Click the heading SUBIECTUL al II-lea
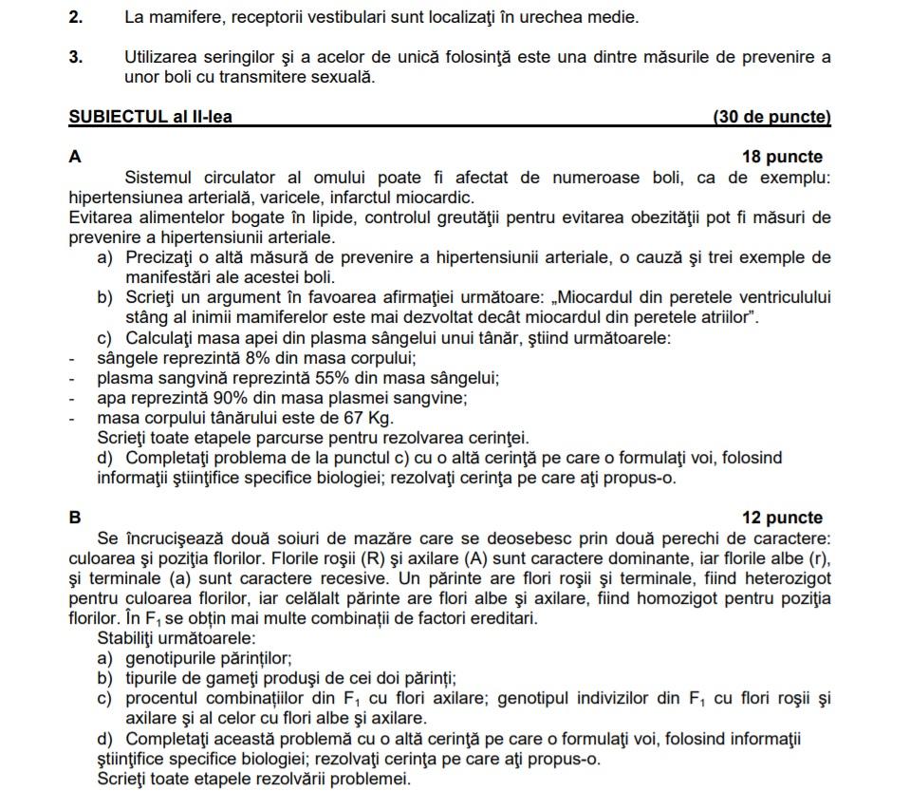point(151,118)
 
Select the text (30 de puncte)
point(771,118)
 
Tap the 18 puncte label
point(782,158)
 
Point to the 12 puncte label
point(782,518)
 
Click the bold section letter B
point(75,518)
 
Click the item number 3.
point(76,57)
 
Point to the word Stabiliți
point(132,638)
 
